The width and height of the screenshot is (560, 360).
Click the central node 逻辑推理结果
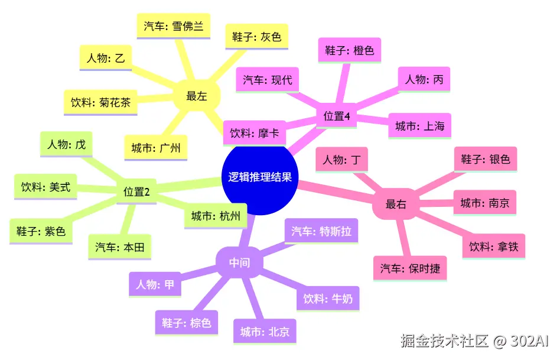[x=260, y=177]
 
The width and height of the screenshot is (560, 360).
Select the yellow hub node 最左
[x=197, y=96]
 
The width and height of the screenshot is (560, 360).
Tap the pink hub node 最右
[x=395, y=204]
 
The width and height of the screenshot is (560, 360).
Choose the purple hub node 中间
[x=239, y=262]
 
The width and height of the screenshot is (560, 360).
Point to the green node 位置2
[x=136, y=192]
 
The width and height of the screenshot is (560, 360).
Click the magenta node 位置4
[x=337, y=116]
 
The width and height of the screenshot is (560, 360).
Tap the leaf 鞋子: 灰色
[x=256, y=37]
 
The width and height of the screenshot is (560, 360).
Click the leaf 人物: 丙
[x=424, y=79]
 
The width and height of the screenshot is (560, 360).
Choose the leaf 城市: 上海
[x=419, y=126]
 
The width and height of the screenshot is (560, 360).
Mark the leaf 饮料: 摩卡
[x=255, y=133]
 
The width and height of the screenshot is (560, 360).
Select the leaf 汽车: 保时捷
[x=410, y=268]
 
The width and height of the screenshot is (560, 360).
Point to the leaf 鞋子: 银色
[x=485, y=159]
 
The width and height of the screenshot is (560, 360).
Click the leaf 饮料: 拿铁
[x=493, y=247]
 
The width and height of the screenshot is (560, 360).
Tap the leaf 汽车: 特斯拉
[x=321, y=231]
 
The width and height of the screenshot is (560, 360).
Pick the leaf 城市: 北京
[x=265, y=332]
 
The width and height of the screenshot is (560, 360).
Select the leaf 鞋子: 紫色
[x=41, y=231]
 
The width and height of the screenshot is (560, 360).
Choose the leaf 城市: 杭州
[x=216, y=217]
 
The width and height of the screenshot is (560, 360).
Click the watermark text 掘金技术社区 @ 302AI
[x=474, y=341]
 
